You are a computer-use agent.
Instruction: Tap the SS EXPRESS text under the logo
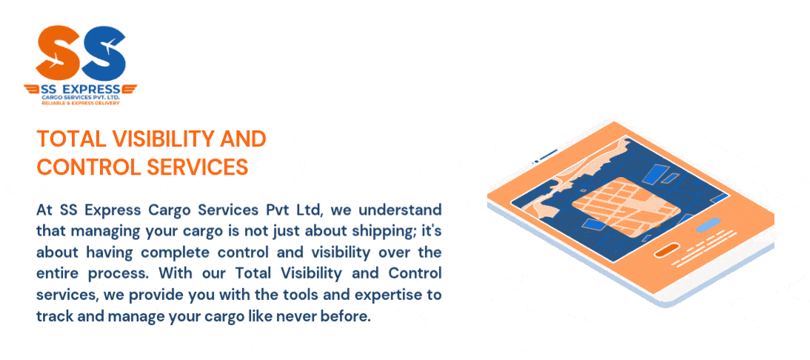pos(81,89)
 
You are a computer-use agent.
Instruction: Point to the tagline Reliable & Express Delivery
pos(81,103)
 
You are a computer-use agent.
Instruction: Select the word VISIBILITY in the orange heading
pos(164,139)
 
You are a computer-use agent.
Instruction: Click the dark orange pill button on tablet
pos(666,250)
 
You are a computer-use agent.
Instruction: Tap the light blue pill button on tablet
pos(709,225)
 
